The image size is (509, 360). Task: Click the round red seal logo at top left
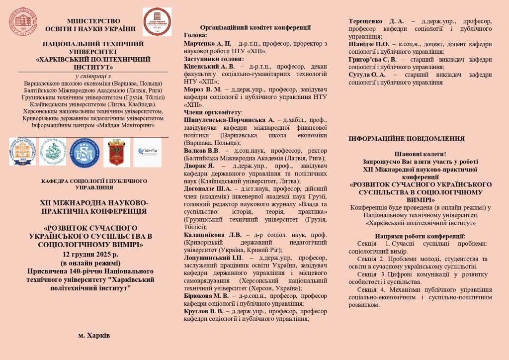[x=19, y=19]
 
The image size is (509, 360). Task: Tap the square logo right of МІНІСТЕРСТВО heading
[x=157, y=22]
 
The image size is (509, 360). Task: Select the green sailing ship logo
[x=52, y=152]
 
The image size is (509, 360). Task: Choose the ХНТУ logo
[x=148, y=152]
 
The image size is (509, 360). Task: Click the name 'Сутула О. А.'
[x=367, y=75]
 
